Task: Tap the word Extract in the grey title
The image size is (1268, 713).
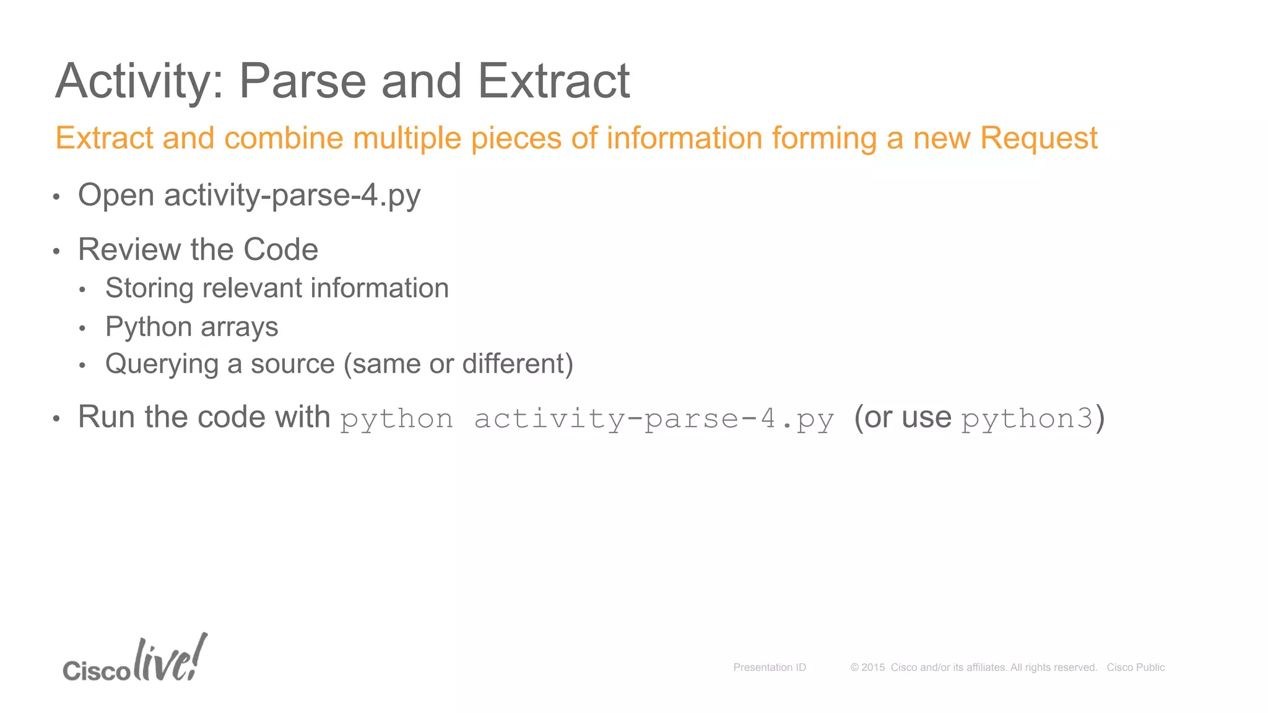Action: coord(554,81)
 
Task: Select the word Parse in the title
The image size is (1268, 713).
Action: coord(303,81)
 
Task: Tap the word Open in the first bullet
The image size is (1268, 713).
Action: coord(116,196)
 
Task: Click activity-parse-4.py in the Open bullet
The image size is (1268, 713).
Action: coord(292,196)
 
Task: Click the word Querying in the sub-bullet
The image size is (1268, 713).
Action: coord(162,365)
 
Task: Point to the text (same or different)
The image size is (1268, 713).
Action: coord(458,364)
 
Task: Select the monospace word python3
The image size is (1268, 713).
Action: coord(1027,418)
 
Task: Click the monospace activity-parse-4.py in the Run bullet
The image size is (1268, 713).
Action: coord(654,419)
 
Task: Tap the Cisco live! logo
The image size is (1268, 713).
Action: coord(135,660)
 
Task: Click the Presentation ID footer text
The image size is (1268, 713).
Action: coord(769,667)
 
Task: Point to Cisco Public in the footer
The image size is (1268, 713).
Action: coord(1136,667)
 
